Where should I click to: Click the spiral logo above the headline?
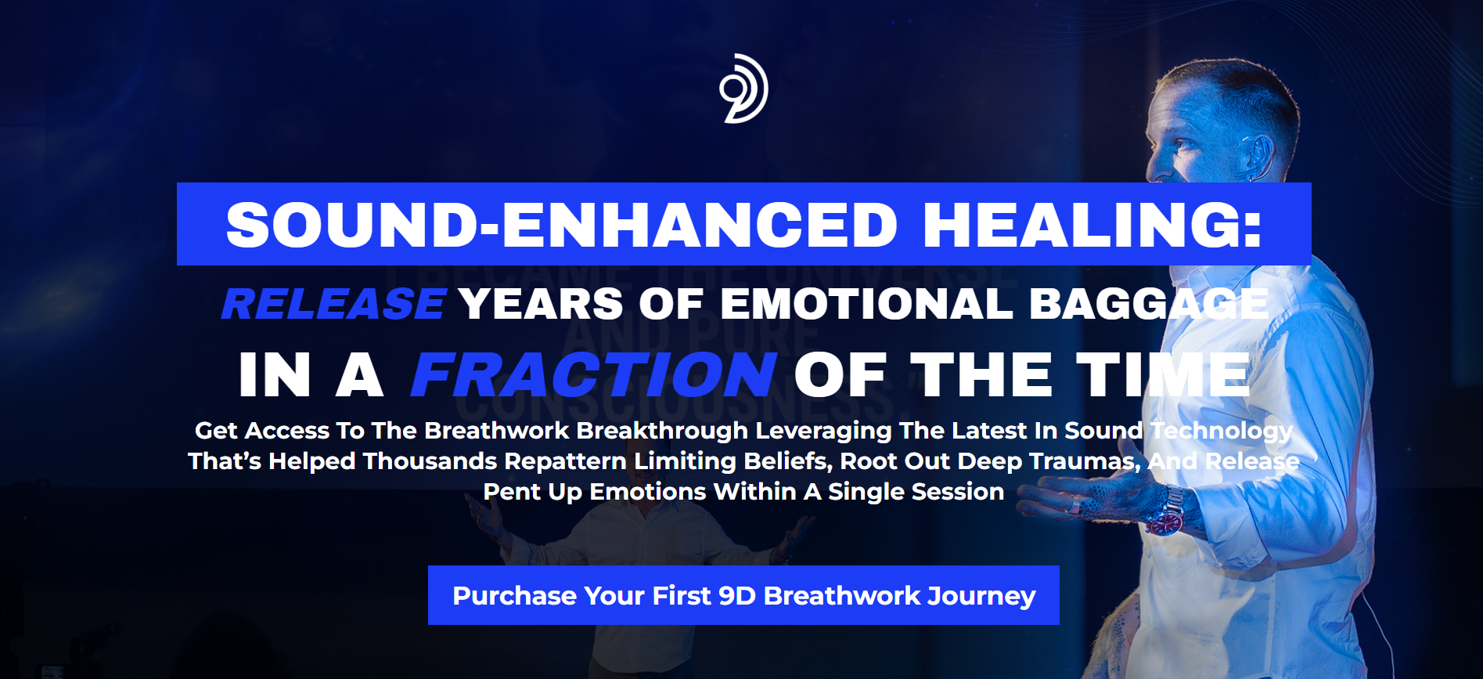click(x=744, y=88)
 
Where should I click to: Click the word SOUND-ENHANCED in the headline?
click(x=561, y=226)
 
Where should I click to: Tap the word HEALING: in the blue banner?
click(x=1092, y=226)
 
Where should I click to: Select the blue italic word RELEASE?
click(x=333, y=304)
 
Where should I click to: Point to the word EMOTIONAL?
click(x=866, y=304)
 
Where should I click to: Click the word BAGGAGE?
click(x=1149, y=304)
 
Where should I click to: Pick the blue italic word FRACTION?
click(x=594, y=375)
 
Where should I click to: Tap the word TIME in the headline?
click(x=1163, y=375)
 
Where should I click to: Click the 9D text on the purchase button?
click(x=737, y=596)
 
